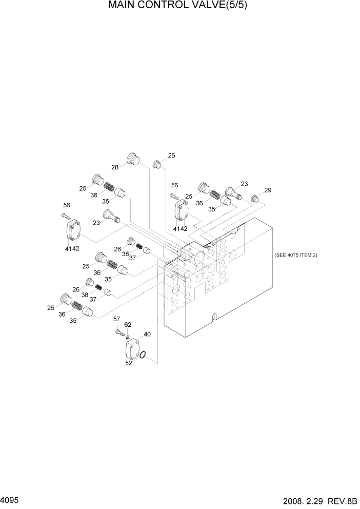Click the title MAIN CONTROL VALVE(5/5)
[181, 6]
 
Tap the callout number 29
[267, 190]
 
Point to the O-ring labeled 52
[145, 355]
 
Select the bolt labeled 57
[120, 333]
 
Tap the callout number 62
[128, 324]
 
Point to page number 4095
[10, 499]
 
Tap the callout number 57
[116, 319]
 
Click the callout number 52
[129, 363]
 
